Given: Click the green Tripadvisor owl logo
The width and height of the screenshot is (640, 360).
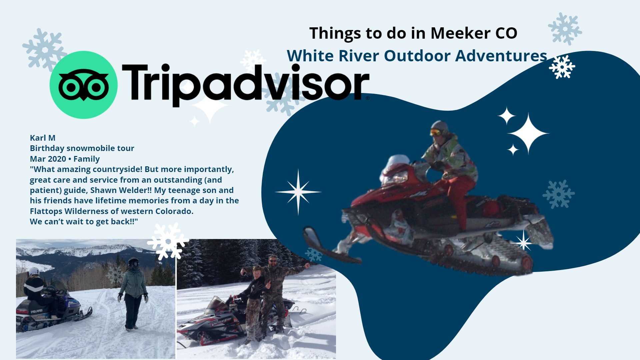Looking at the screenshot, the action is [83, 85].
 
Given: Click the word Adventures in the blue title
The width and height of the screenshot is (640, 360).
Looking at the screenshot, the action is [501, 56].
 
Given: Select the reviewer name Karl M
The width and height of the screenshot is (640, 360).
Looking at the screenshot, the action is [43, 138].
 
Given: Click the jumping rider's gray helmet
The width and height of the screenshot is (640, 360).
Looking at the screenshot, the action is [439, 127].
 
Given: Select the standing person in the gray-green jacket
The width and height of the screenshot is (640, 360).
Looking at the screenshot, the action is [133, 294].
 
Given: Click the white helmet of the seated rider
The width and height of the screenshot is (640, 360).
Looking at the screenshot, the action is [34, 272].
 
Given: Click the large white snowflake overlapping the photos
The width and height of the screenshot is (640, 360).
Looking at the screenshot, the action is [168, 241].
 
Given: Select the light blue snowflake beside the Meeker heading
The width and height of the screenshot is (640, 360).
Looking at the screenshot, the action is [565, 29].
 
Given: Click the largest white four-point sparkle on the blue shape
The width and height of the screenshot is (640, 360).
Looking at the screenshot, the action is [528, 133].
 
